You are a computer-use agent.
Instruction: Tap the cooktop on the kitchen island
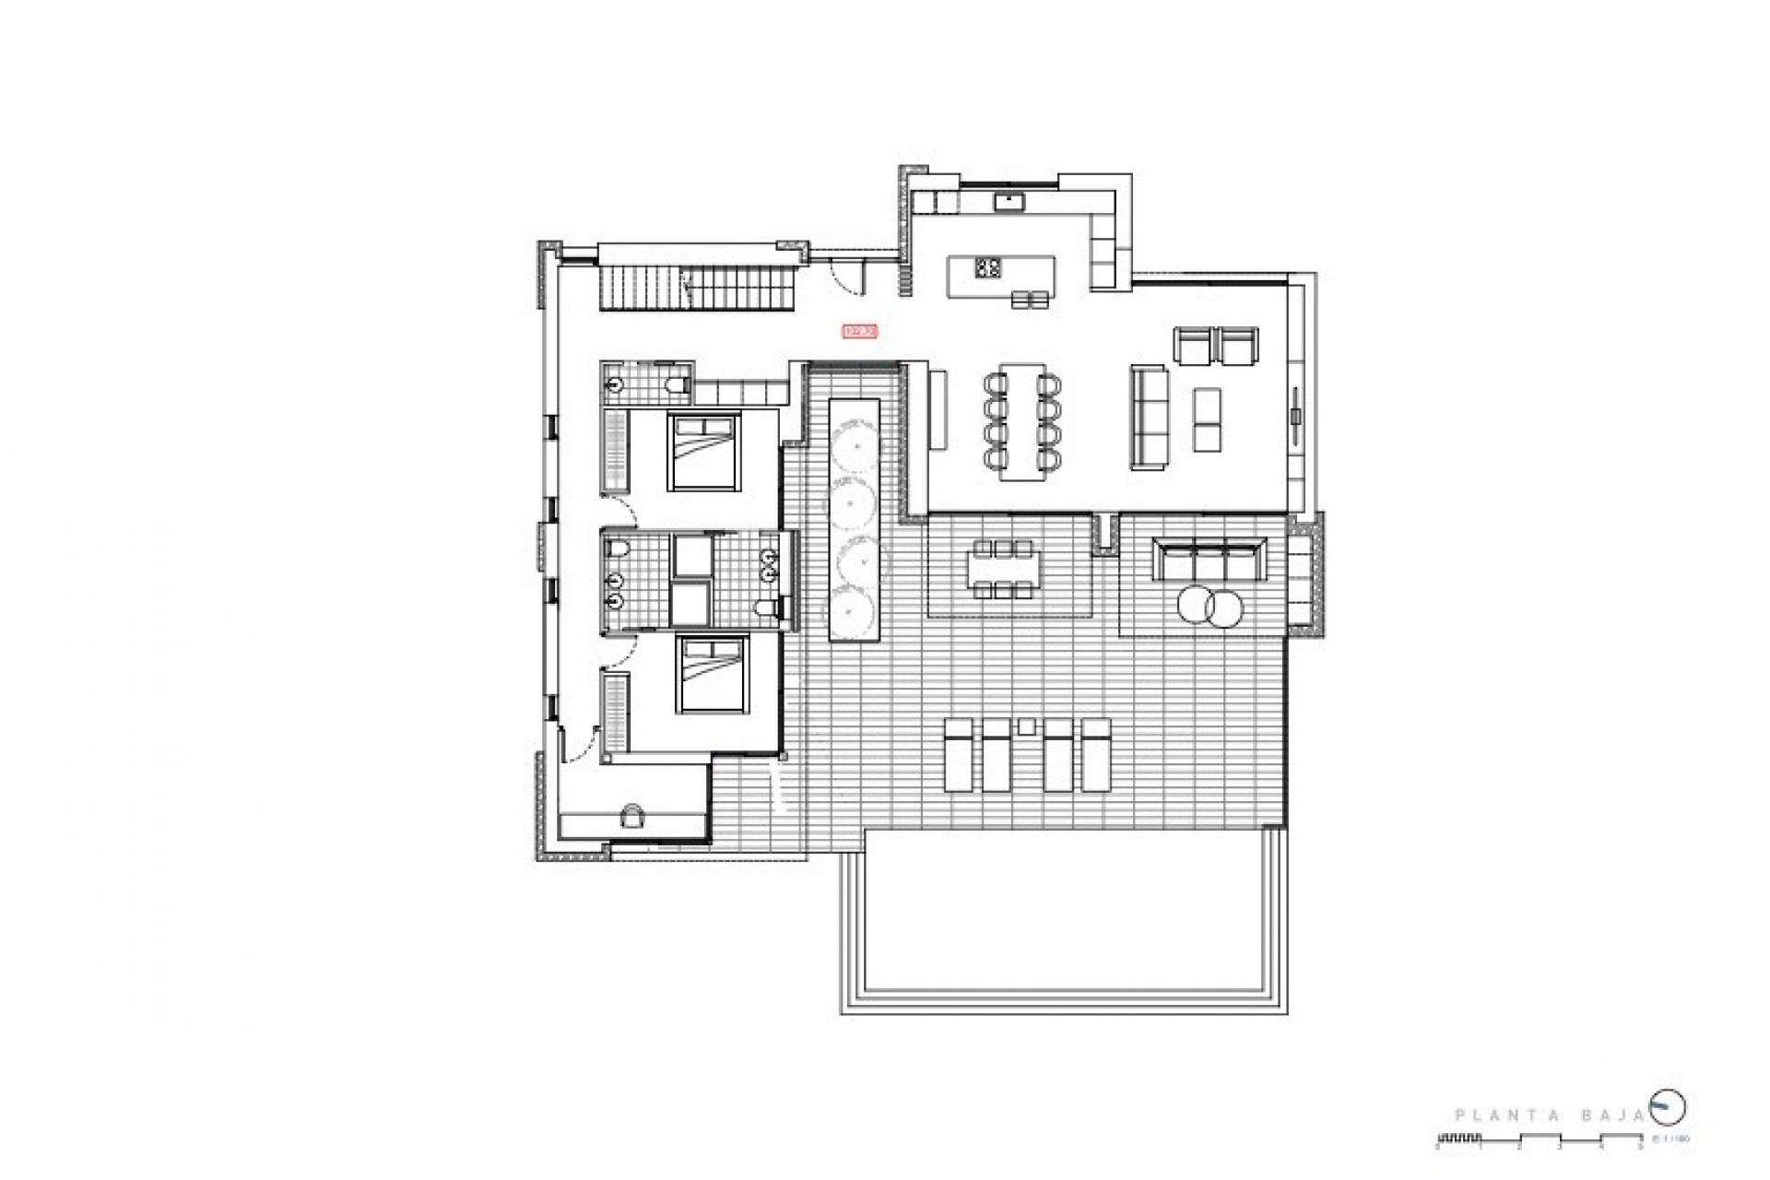click(x=988, y=267)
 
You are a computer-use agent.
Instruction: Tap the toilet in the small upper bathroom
click(x=678, y=383)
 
